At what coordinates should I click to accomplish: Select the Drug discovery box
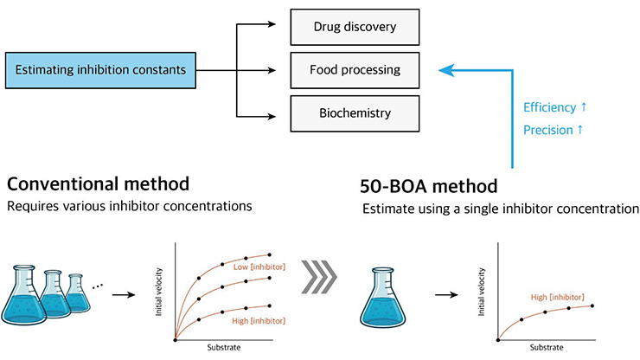coord(355,27)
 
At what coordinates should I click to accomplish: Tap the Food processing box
coord(355,68)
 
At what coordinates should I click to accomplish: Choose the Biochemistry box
coord(355,112)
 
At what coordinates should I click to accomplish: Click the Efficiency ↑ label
coord(555,107)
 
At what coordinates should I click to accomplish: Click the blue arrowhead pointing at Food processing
coord(444,68)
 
